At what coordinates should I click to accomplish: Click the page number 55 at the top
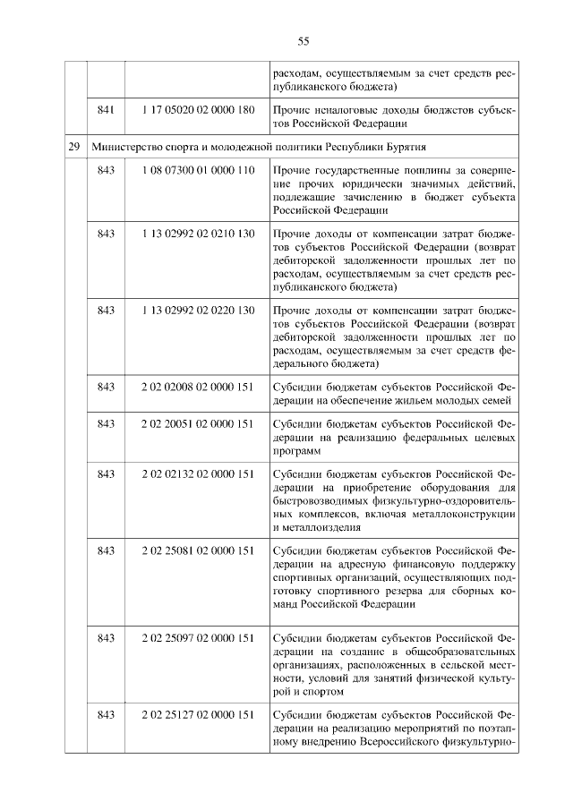point(303,41)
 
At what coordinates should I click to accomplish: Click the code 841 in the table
point(106,109)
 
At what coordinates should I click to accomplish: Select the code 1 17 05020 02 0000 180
point(197,109)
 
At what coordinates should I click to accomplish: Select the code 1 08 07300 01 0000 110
point(197,170)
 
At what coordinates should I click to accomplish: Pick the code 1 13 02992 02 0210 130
point(197,234)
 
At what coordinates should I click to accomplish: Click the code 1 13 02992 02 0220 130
point(197,310)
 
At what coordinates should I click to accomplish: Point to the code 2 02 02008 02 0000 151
point(197,387)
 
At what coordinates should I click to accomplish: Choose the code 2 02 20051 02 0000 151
point(197,423)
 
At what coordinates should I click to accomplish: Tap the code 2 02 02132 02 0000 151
point(197,473)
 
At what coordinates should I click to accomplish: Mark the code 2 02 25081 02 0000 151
point(197,550)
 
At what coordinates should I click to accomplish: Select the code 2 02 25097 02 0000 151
point(197,638)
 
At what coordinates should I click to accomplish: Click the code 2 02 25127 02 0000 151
point(197,714)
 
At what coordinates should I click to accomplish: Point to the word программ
point(296,452)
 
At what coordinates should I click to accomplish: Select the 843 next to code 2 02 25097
point(106,638)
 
